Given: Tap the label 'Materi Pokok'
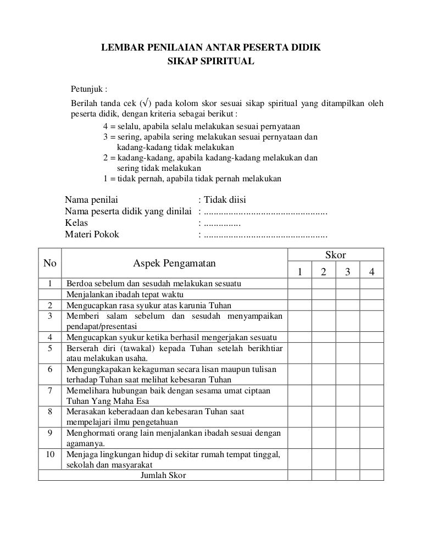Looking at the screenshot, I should tap(92, 236).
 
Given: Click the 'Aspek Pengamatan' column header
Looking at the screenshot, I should tap(174, 264).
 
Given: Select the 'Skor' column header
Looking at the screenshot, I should tap(336, 254).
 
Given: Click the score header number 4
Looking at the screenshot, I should tap(371, 272).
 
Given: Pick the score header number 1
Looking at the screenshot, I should tap(300, 272).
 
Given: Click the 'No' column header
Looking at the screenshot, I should tap(49, 263).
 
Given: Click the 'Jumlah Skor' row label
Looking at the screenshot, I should tap(163, 475).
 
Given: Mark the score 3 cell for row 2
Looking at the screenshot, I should tap(348, 305).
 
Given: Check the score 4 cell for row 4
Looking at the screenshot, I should tap(371, 337).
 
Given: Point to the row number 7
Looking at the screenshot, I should tap(49, 390).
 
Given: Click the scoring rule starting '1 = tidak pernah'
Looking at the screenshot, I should tap(192, 179).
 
